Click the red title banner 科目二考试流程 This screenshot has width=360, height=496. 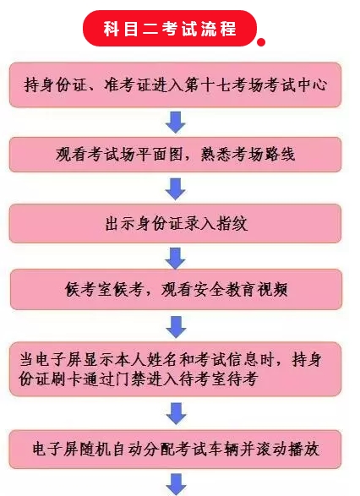[x=170, y=29]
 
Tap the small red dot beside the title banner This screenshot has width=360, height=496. [x=261, y=42]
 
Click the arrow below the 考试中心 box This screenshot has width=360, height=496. [x=176, y=123]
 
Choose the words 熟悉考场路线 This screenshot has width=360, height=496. [x=248, y=155]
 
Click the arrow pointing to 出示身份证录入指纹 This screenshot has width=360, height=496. [x=176, y=188]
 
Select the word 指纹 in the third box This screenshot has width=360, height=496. [x=232, y=224]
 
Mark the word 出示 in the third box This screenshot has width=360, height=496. [x=120, y=224]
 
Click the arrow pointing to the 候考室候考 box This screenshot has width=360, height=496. [x=175, y=259]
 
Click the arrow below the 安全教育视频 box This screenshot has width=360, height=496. [x=176, y=327]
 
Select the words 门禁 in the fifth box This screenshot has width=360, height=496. [x=131, y=379]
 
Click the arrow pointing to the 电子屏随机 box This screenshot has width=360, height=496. [x=177, y=413]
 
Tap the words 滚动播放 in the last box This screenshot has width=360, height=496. [x=288, y=450]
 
